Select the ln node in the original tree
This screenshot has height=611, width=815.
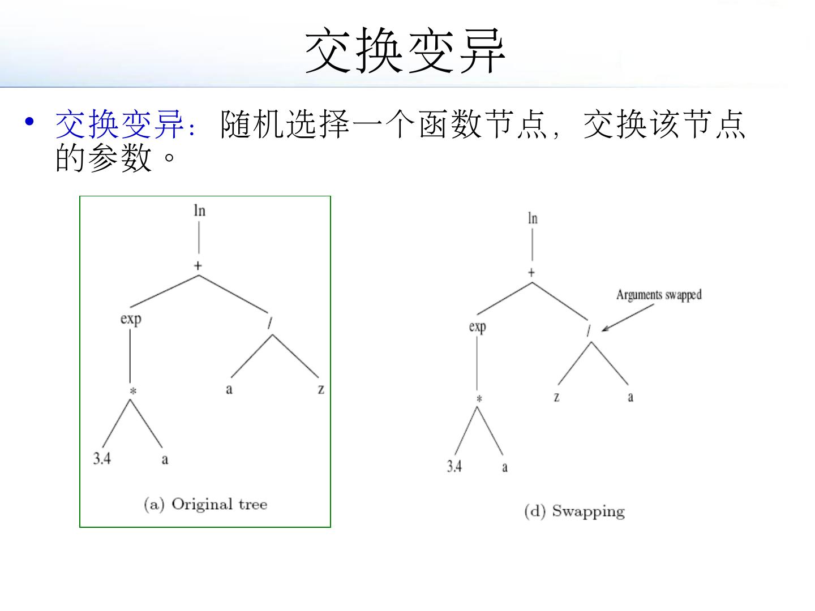click(199, 211)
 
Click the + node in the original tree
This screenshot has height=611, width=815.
click(198, 266)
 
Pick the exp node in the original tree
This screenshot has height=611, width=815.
click(131, 319)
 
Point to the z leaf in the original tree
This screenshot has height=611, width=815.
click(321, 389)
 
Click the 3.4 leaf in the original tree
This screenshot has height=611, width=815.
click(102, 458)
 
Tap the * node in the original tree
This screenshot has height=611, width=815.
click(132, 391)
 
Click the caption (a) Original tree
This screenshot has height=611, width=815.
click(205, 504)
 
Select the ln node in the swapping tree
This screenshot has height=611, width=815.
click(532, 218)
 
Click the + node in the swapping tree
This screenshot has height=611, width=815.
click(531, 273)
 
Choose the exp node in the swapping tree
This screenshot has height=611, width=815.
click(478, 326)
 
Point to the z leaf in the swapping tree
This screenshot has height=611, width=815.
click(556, 397)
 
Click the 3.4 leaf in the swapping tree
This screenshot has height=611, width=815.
click(454, 466)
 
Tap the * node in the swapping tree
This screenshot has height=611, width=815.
click(479, 399)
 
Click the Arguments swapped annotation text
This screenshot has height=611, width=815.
click(659, 295)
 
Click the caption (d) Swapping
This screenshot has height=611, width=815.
click(574, 511)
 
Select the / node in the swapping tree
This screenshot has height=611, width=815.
click(589, 332)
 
